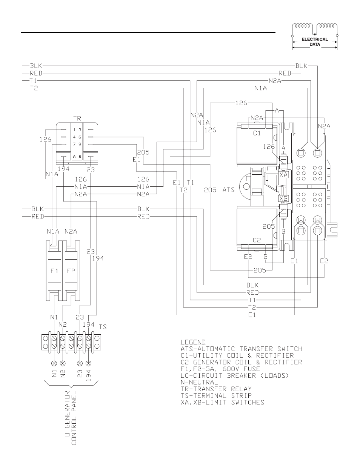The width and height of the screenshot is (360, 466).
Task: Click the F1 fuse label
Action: tap(54, 271)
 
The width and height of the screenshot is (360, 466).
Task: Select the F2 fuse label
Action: tap(71, 271)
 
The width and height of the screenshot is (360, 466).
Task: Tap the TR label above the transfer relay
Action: tap(77, 118)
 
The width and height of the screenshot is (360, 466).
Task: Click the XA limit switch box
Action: tap(284, 175)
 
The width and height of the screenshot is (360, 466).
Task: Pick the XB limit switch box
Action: tap(284, 198)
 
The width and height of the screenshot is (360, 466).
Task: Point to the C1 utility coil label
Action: tap(257, 133)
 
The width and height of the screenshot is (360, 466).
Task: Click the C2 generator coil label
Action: tap(257, 240)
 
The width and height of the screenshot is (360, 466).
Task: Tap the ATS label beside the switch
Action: tap(229, 189)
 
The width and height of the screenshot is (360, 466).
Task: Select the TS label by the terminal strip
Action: tap(103, 327)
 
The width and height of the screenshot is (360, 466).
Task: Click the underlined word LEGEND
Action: tap(193, 342)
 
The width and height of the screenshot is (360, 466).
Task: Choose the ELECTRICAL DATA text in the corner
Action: tap(315, 42)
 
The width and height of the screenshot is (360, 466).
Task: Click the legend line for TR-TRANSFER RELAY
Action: tap(216, 389)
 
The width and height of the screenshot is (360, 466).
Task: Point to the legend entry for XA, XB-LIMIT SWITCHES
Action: tap(223, 402)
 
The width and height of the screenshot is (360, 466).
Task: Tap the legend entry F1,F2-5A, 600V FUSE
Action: tap(220, 369)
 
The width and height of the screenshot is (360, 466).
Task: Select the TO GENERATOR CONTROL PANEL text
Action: tap(71, 418)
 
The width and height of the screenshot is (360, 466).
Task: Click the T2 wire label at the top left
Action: tap(34, 88)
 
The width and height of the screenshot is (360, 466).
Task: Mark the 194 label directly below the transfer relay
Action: tap(64, 169)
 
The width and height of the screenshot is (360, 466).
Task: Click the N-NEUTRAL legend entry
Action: tap(199, 382)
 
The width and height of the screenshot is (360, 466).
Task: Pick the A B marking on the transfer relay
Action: tap(77, 157)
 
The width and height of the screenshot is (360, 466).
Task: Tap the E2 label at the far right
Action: tap(324, 261)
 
